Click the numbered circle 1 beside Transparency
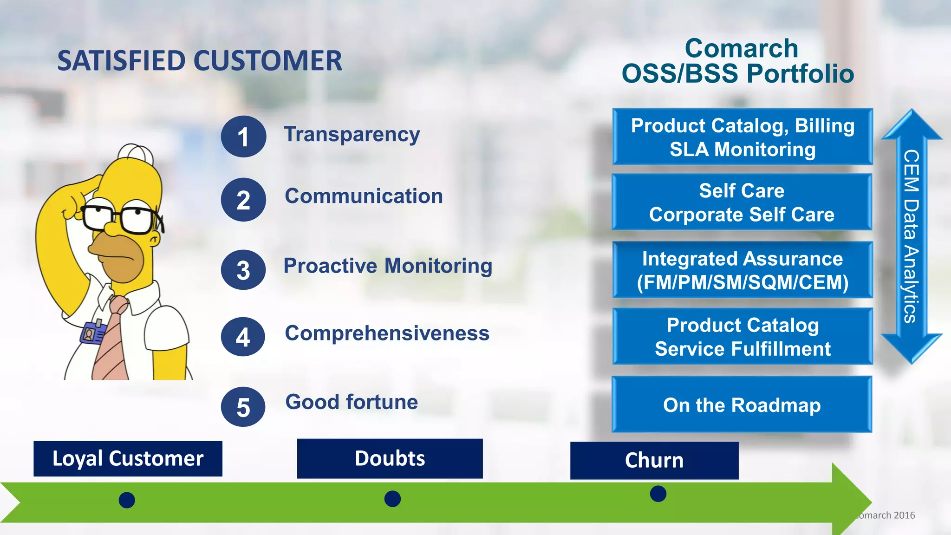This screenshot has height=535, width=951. [243, 137]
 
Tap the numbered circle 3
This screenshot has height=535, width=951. [243, 270]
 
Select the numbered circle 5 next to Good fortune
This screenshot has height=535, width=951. [243, 407]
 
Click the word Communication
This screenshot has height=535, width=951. [364, 196]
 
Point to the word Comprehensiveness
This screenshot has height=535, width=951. [387, 333]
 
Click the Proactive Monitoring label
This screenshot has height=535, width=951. [388, 266]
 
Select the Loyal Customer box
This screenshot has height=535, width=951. [128, 458]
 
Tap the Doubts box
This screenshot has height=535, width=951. [390, 458]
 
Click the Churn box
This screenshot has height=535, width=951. [654, 460]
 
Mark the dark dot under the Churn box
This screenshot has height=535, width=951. [658, 493]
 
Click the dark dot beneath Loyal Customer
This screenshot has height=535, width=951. [127, 500]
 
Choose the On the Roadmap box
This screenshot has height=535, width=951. [742, 405]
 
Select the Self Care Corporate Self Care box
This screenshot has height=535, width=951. [742, 202]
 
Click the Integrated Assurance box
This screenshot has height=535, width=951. [742, 270]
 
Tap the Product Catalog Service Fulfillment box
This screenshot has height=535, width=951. [742, 337]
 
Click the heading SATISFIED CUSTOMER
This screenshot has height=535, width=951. [199, 61]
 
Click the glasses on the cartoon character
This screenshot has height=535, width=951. [122, 217]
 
